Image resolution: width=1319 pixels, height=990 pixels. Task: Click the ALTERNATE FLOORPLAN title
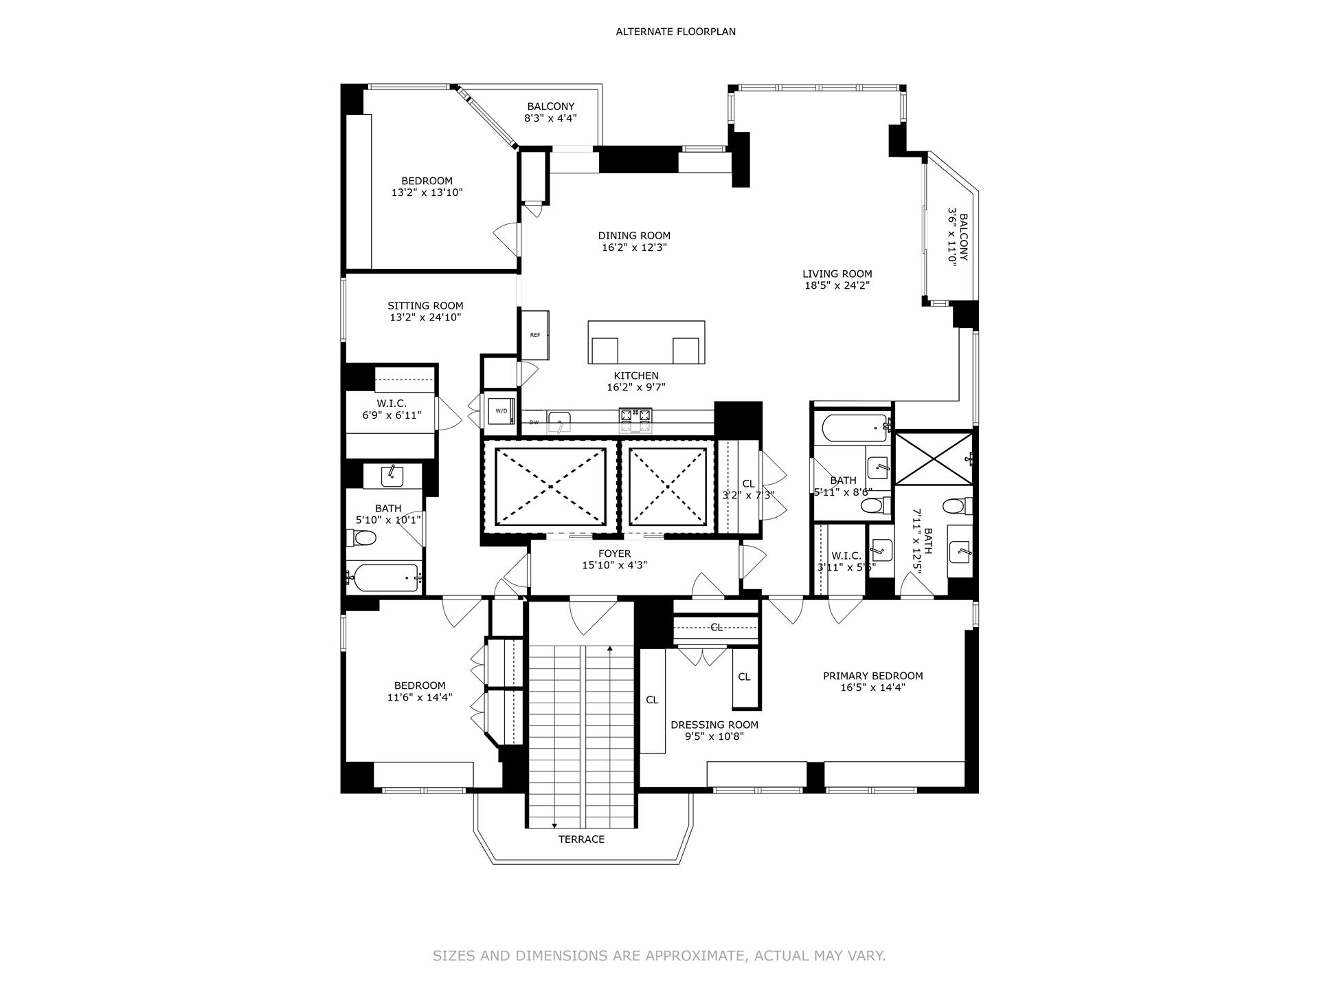pyautogui.click(x=675, y=32)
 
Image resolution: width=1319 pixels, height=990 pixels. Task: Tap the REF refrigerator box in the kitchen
pyautogui.click(x=535, y=335)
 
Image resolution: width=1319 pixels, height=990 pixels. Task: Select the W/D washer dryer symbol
pyautogui.click(x=501, y=411)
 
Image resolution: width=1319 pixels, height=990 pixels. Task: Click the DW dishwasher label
pyautogui.click(x=534, y=422)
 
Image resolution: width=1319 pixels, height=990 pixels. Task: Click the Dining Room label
pyautogui.click(x=633, y=236)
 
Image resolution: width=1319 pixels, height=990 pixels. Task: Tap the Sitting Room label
pyautogui.click(x=425, y=306)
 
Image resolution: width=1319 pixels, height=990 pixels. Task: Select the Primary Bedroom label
pyautogui.click(x=872, y=676)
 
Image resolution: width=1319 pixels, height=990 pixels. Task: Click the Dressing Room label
pyautogui.click(x=714, y=725)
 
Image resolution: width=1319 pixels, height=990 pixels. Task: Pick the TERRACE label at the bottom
pyautogui.click(x=581, y=839)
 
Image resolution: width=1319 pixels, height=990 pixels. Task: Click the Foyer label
pyautogui.click(x=614, y=553)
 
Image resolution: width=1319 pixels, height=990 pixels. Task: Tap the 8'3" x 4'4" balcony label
pyautogui.click(x=550, y=112)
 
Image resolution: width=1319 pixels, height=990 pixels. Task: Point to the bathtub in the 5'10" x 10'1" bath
pyautogui.click(x=385, y=577)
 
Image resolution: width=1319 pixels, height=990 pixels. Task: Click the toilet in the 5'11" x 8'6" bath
pyautogui.click(x=872, y=507)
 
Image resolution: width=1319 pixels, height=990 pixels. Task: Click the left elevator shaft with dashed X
pyautogui.click(x=550, y=486)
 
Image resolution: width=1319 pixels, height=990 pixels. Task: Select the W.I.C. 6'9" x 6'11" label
pyautogui.click(x=392, y=409)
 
